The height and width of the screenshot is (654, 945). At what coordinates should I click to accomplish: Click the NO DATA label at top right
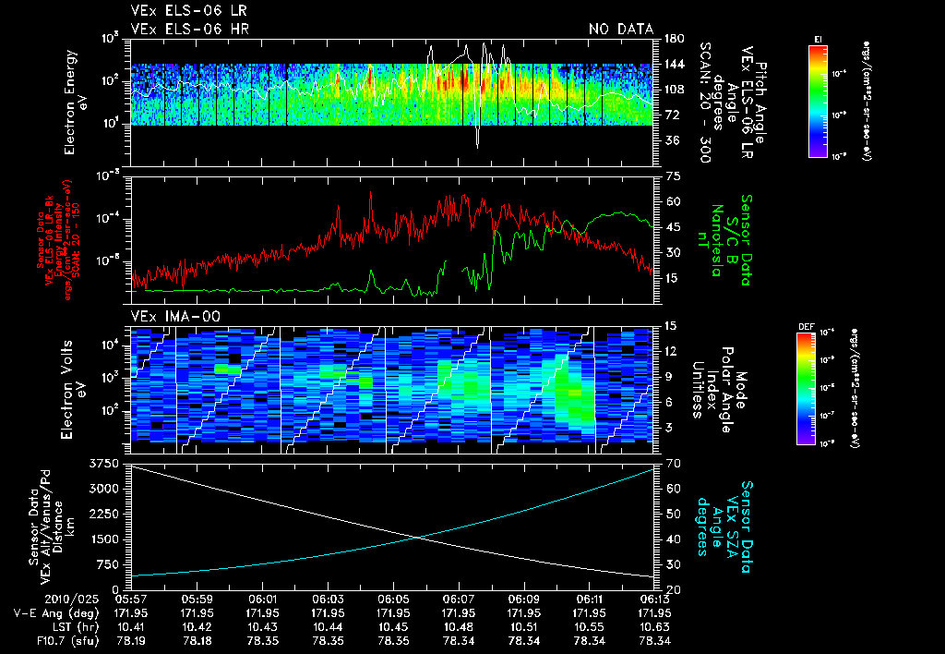pyautogui.click(x=621, y=30)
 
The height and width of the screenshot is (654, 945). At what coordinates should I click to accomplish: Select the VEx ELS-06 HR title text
pyautogui.click(x=190, y=30)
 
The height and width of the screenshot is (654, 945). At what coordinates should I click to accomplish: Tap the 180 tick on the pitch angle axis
pyautogui.click(x=673, y=40)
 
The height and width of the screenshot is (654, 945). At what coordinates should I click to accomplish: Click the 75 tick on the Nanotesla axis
pyautogui.click(x=672, y=176)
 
